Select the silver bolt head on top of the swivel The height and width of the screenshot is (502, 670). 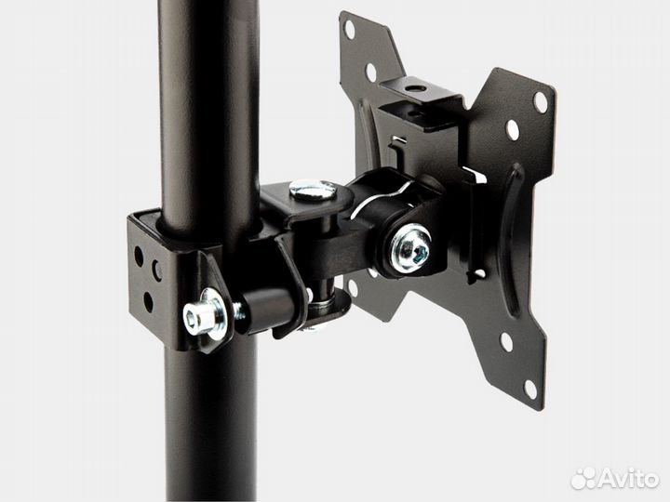(313, 190)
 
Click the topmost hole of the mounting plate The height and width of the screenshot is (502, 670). (350, 30)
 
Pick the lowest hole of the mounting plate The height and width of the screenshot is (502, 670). (529, 390)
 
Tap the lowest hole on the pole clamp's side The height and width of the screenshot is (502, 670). (148, 301)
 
